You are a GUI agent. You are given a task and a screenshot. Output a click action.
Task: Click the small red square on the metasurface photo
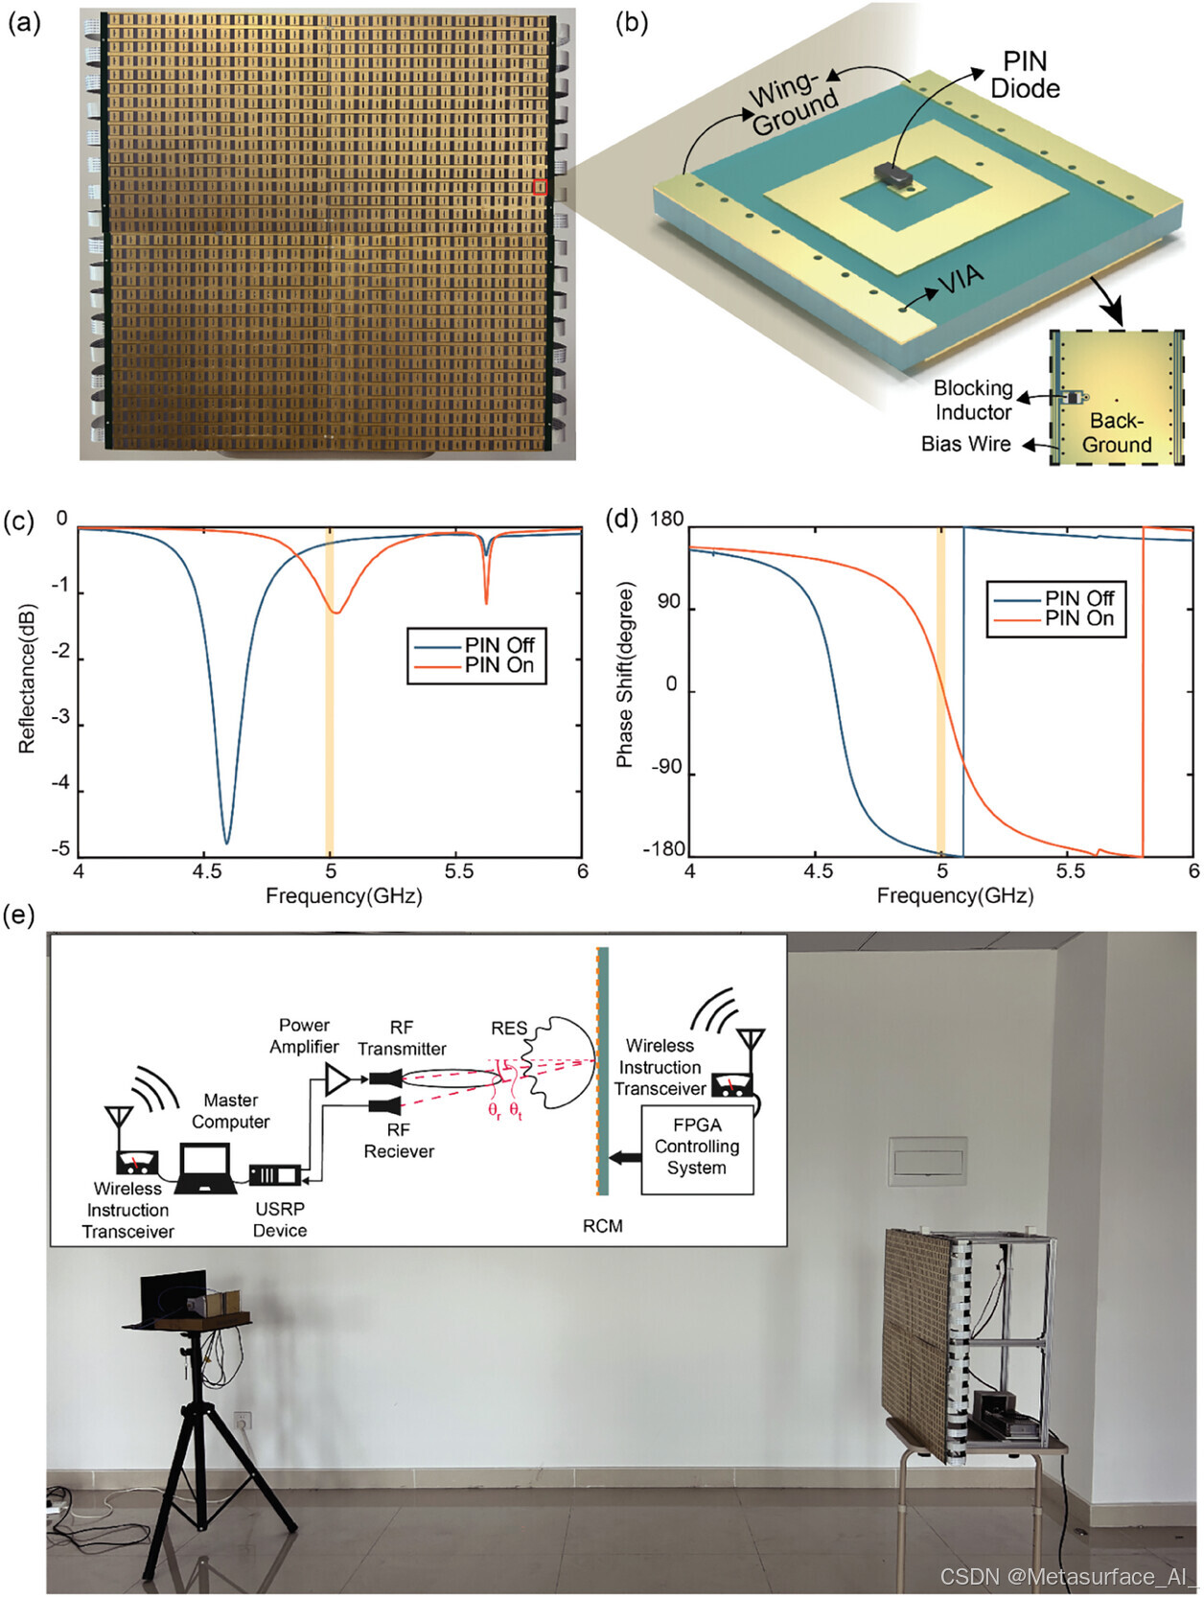pos(540,187)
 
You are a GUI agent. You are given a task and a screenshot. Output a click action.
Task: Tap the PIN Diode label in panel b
pos(1025,75)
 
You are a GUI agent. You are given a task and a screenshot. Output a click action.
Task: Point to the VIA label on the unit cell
pos(960,279)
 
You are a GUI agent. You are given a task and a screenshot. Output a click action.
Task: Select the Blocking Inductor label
pos(973,400)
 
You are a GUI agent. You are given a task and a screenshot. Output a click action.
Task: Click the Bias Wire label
pos(965,444)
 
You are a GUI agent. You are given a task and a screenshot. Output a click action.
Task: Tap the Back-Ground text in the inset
pos(1117,432)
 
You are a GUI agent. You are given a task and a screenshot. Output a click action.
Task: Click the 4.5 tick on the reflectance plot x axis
pos(204,871)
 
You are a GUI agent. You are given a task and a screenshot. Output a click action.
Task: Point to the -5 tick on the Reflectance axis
pos(60,848)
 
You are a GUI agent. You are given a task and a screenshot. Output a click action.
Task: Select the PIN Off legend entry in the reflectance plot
pos(498,644)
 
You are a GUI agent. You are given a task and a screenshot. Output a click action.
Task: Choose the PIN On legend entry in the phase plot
pos(1078,619)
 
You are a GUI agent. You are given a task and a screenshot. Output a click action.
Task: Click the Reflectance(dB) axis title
pos(27,679)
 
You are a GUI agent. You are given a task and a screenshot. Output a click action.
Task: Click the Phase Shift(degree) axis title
pos(624,675)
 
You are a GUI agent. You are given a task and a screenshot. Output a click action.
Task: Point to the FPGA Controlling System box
pos(697,1146)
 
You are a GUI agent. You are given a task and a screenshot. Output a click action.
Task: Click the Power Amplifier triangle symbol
pos(337,1079)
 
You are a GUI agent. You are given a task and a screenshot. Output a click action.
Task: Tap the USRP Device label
pos(280,1219)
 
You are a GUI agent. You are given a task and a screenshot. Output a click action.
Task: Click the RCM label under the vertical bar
pos(603,1226)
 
